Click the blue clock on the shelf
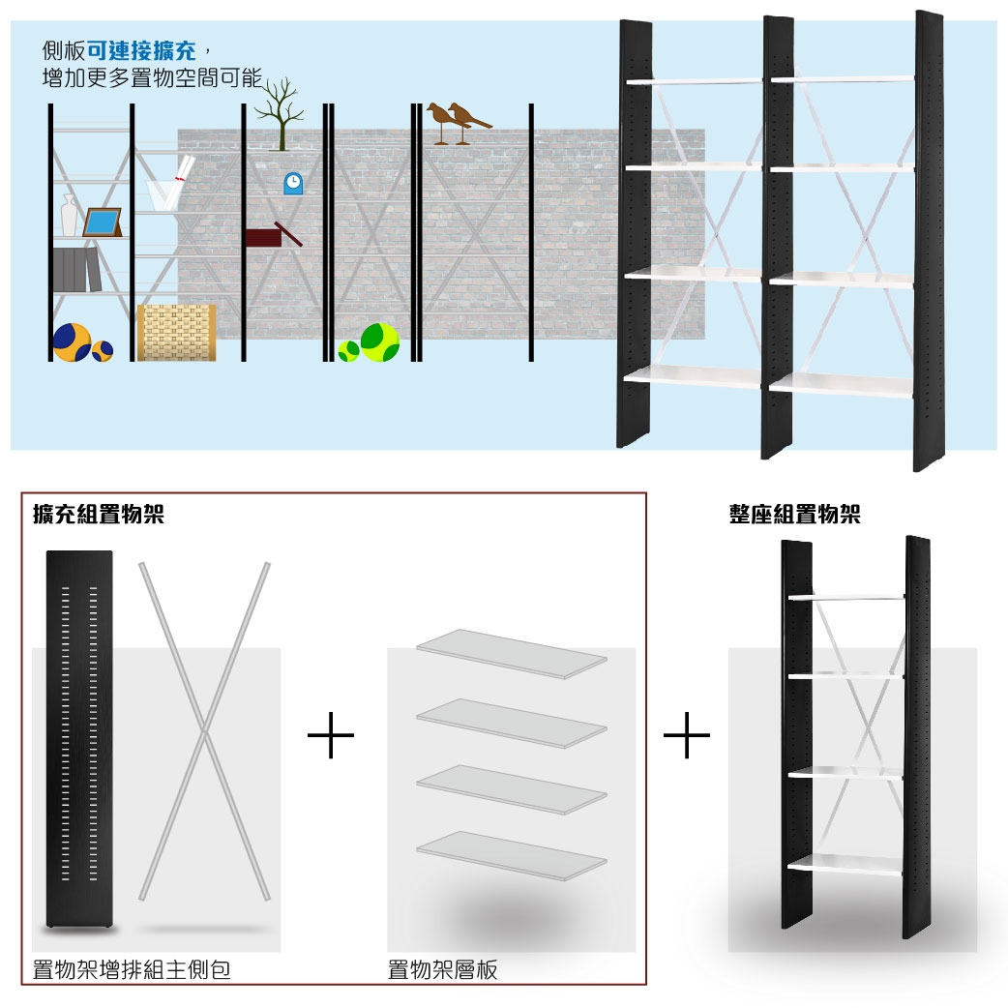tap(293, 183)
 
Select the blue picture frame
tap(103, 222)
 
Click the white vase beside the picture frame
tap(69, 216)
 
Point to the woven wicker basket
tap(176, 333)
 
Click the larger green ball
tap(380, 342)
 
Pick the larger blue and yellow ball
tap(72, 342)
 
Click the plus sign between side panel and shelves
tap(331, 735)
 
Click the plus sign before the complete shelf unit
tap(687, 735)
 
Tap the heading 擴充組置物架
tap(99, 515)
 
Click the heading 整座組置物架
tap(794, 515)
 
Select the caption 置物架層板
tap(442, 969)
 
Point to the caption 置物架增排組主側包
tap(132, 969)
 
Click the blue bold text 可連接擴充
tap(141, 50)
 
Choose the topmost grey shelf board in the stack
tap(512, 654)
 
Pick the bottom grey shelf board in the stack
tap(512, 856)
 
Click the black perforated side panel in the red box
tap(79, 739)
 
